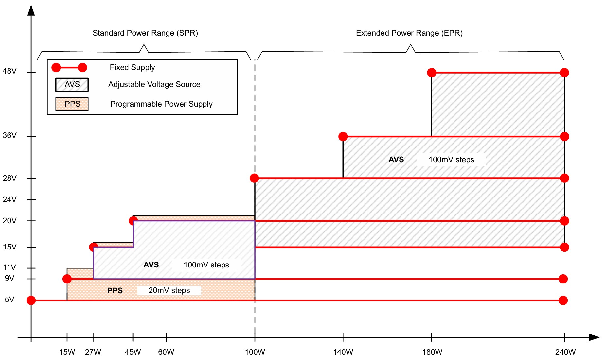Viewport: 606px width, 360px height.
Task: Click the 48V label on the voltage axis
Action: tap(9, 71)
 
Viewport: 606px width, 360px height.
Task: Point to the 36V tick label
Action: tap(9, 135)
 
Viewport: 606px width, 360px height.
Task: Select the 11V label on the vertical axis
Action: tap(9, 267)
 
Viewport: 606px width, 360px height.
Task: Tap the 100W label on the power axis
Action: tap(255, 352)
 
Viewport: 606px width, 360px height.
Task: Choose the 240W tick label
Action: tap(565, 352)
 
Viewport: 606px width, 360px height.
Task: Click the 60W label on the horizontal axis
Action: tap(166, 352)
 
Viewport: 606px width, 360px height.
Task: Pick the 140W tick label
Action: tap(343, 352)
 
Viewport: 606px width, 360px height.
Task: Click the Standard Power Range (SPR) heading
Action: tap(145, 33)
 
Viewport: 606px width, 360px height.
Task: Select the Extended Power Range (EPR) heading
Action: tap(409, 33)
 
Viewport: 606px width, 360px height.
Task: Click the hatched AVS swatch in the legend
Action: tap(72, 84)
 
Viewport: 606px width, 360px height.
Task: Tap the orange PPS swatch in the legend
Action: tap(72, 104)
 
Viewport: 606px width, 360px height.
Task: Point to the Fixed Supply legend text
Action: tap(132, 67)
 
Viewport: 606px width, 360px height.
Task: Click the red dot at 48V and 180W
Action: tap(432, 73)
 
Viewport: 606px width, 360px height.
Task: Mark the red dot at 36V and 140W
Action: tap(343, 136)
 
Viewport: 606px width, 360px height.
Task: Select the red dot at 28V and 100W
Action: tap(254, 178)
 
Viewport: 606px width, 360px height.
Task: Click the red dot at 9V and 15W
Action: tap(67, 279)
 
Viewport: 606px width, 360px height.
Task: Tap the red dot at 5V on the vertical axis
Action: tap(31, 300)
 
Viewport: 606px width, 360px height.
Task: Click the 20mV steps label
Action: tap(169, 290)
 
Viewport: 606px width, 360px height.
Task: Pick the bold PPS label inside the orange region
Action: tap(115, 291)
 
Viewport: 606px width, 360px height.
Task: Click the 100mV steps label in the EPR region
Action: tap(451, 160)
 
